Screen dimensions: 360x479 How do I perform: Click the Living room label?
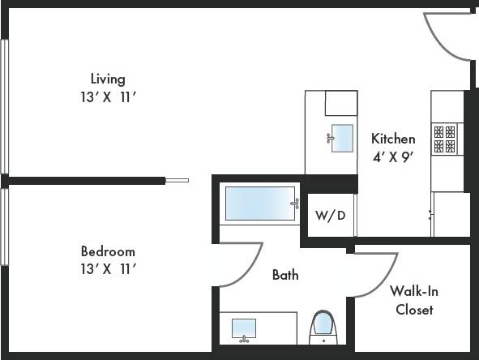point(108,79)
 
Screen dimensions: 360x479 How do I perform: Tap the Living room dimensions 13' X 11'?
point(108,96)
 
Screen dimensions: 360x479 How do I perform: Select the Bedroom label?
point(108,251)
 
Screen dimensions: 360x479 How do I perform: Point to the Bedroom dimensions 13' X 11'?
point(108,268)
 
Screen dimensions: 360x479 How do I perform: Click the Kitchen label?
point(393,139)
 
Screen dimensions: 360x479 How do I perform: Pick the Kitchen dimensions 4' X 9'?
point(393,156)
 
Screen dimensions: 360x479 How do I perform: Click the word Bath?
point(284,275)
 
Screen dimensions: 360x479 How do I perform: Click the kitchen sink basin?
point(343,139)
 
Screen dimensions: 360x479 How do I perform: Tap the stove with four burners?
point(444,139)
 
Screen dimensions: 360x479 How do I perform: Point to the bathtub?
point(260,204)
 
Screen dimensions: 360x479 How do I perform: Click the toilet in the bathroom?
point(323,326)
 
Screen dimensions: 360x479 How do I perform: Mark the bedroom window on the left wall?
point(4,227)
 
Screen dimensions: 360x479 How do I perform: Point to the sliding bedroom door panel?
point(177,181)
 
